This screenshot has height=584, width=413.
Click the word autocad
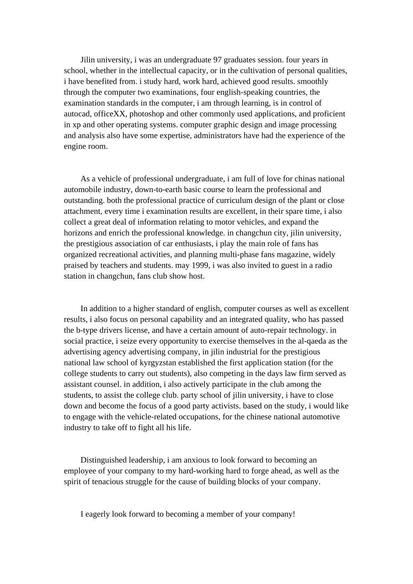point(77,114)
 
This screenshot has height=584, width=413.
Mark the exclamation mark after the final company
point(294,514)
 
